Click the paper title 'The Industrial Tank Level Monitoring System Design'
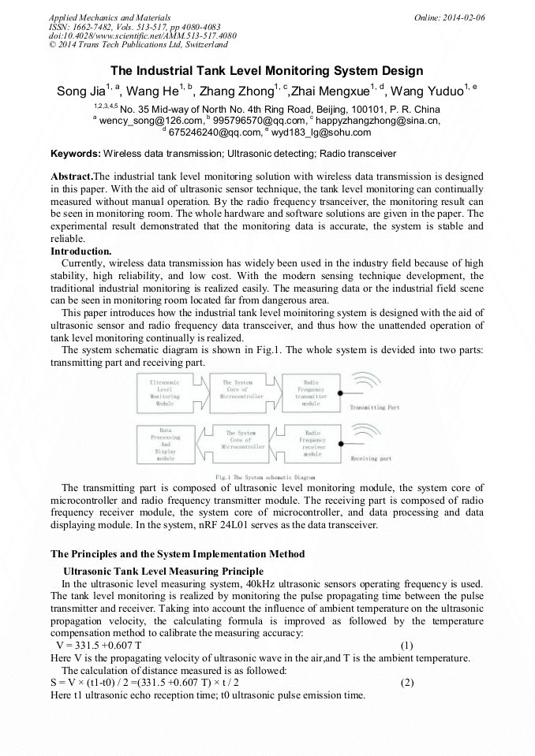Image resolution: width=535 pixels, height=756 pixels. tap(267, 70)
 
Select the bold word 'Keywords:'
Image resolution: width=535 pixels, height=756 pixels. tap(75, 153)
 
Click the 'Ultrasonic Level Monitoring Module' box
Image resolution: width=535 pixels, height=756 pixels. tap(165, 392)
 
